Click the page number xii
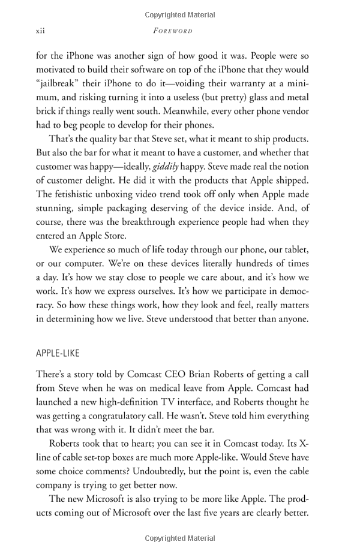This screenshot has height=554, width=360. pyautogui.click(x=41, y=30)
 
